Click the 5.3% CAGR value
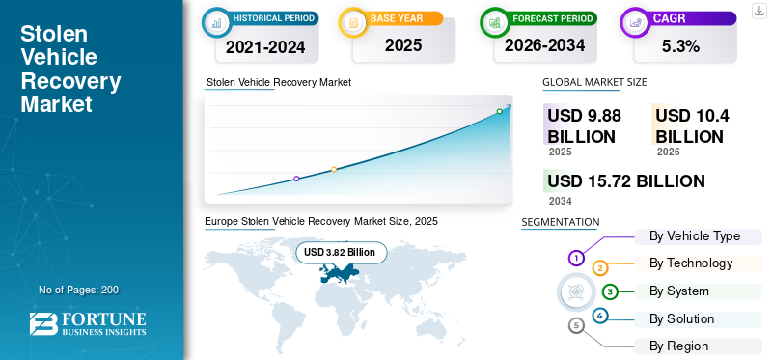(x=680, y=45)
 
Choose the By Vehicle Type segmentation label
(x=695, y=236)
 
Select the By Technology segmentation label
(x=691, y=263)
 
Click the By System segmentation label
(x=679, y=291)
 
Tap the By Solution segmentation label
(x=681, y=318)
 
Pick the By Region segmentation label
(x=678, y=346)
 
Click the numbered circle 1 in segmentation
(x=576, y=258)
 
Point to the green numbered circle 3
(x=610, y=291)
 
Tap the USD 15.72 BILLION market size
(x=625, y=181)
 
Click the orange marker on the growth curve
(x=334, y=170)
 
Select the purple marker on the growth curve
(x=296, y=179)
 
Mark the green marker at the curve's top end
(x=499, y=111)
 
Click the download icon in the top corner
(x=758, y=10)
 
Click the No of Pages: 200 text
(x=78, y=290)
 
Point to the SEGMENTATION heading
(x=561, y=222)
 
